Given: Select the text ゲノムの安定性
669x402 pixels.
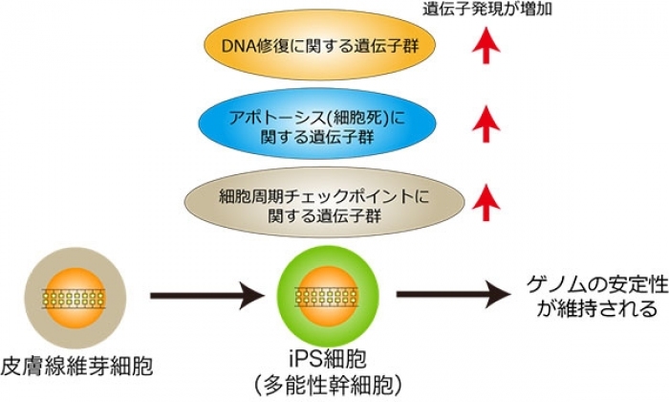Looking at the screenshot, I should (587, 284).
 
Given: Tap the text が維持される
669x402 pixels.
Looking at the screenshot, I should (587, 309).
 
